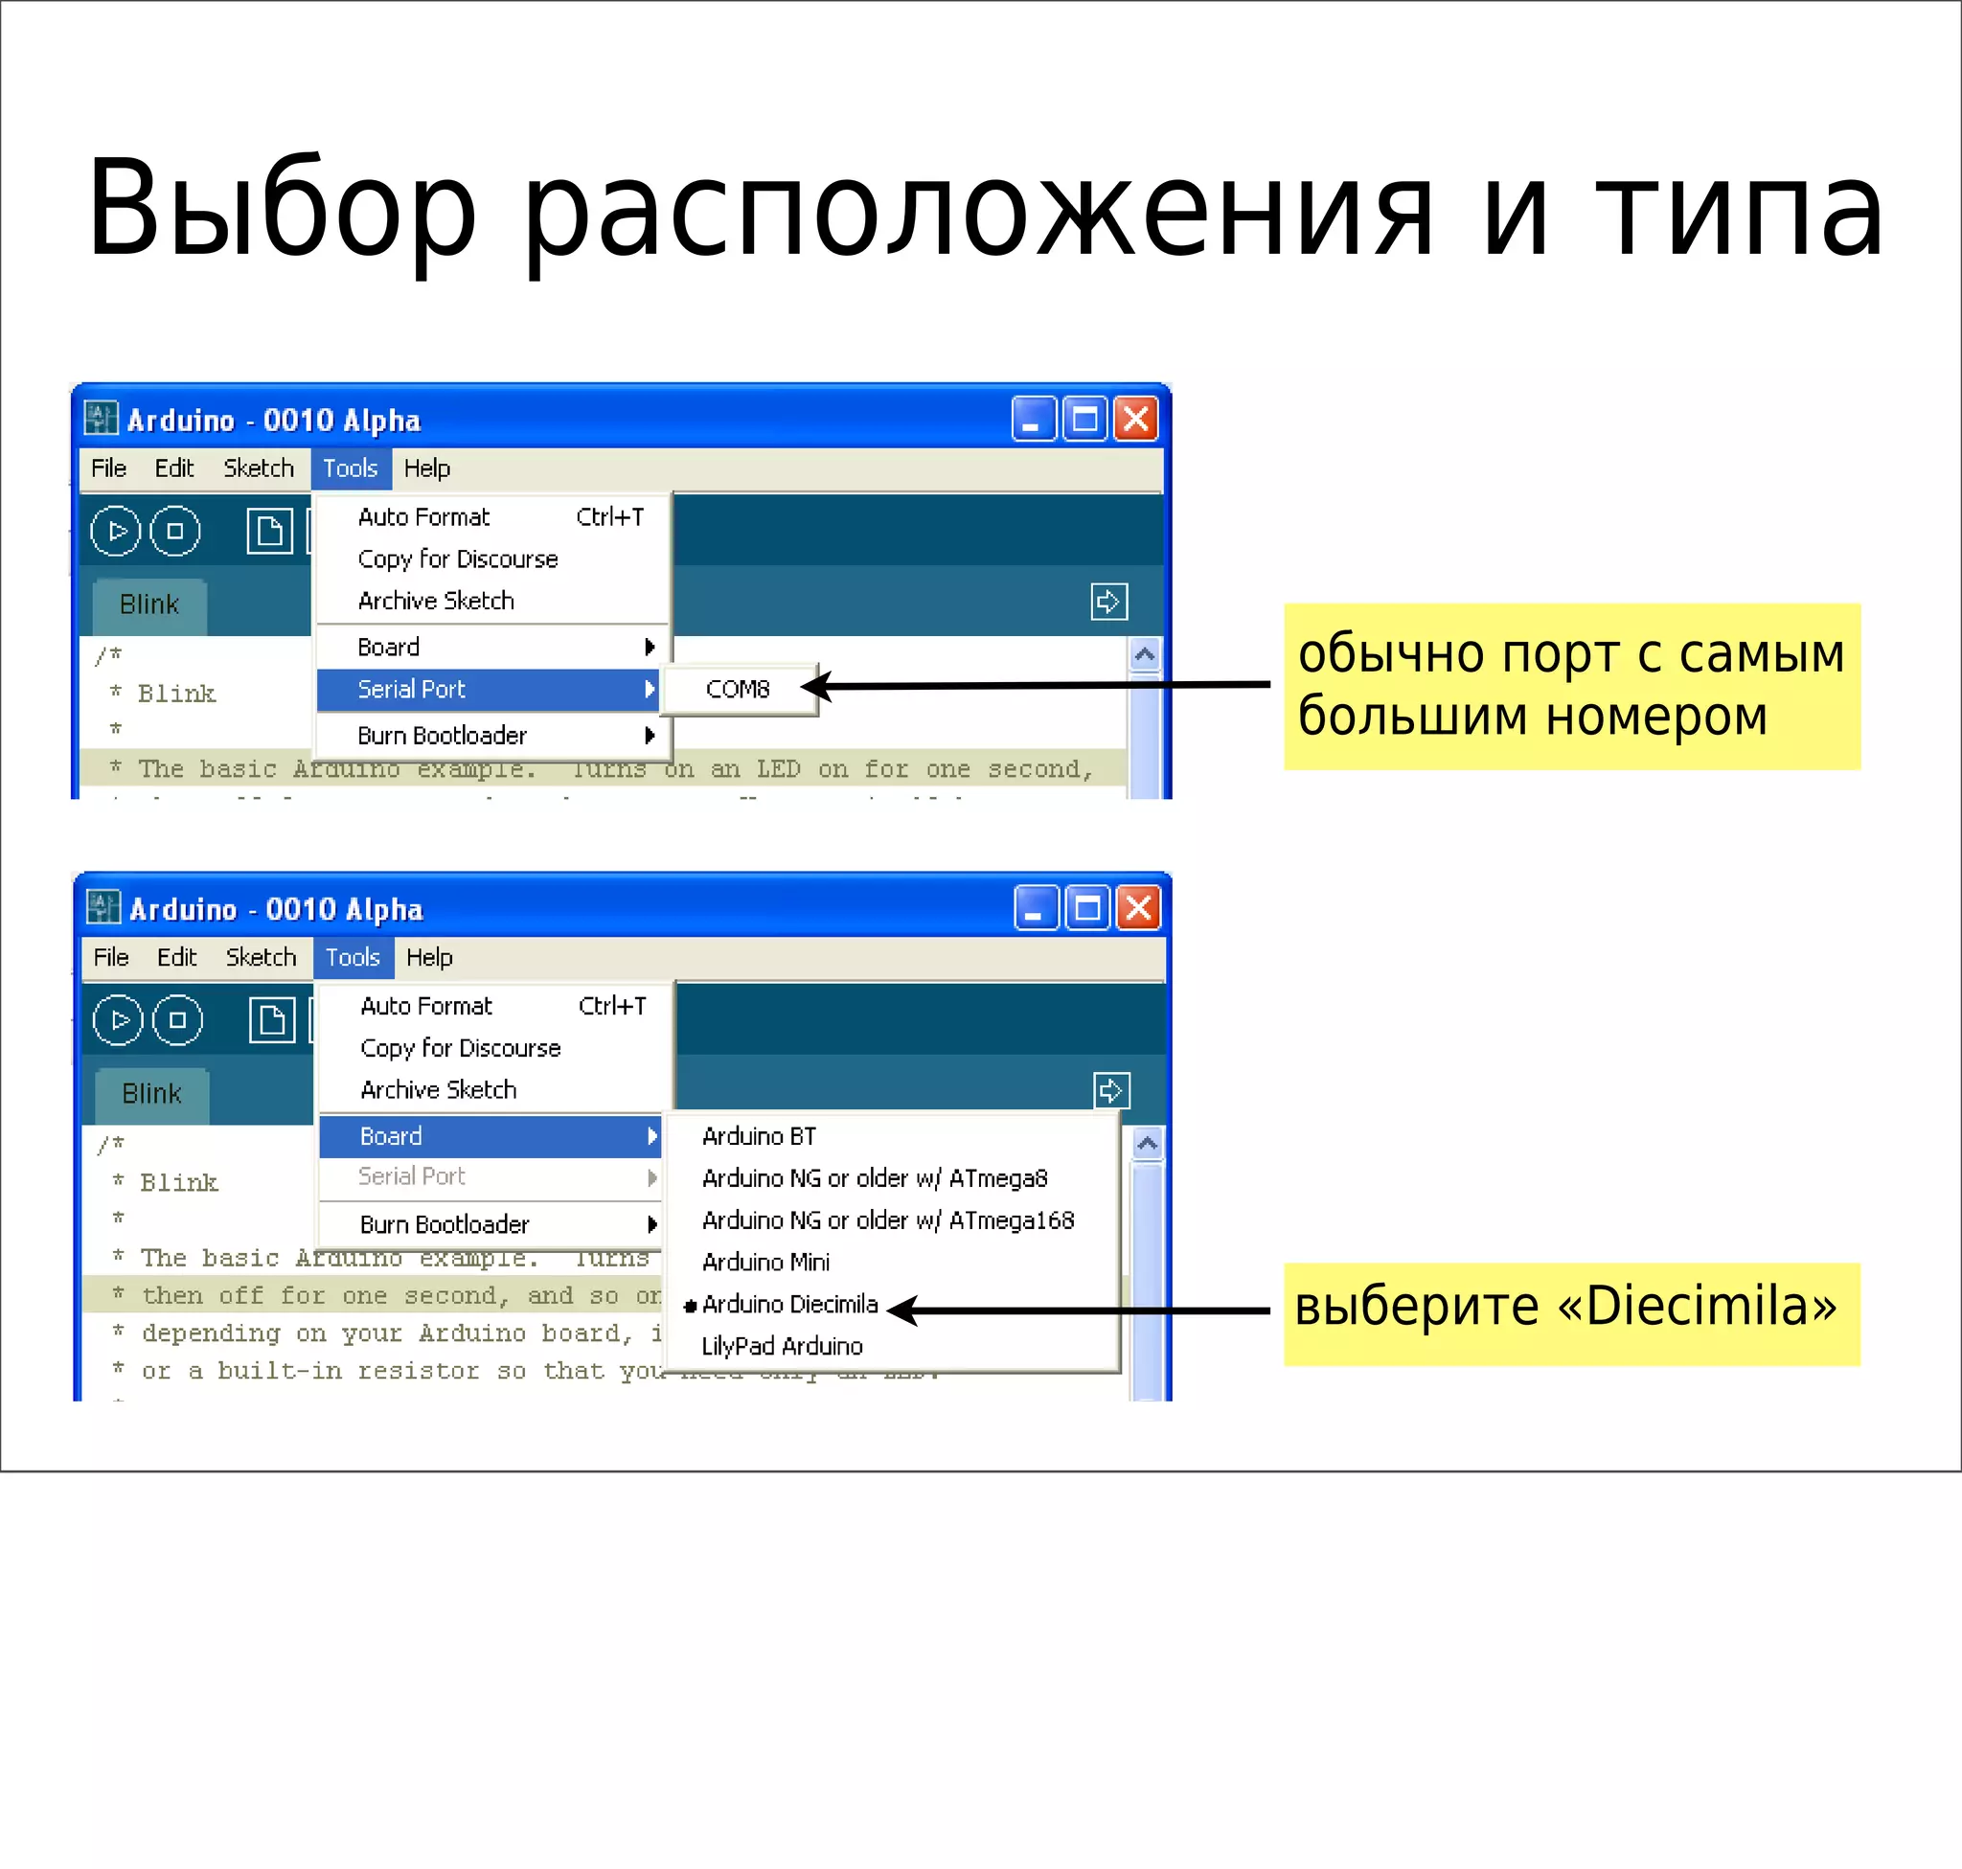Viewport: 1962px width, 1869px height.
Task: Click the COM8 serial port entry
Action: point(738,690)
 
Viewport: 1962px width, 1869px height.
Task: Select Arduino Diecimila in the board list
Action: point(789,1304)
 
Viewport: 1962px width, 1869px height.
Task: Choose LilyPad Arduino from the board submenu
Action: point(782,1346)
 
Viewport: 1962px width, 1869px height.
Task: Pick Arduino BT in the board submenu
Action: point(760,1136)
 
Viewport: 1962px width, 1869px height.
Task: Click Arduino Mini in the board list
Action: point(765,1263)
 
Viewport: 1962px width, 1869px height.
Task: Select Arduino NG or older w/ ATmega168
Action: point(888,1220)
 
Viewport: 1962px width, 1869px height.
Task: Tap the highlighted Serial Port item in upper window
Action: point(412,690)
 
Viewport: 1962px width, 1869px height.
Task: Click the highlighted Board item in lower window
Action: point(392,1136)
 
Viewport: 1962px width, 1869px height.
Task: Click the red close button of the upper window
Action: point(1136,419)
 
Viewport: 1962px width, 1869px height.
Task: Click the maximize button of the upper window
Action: point(1084,419)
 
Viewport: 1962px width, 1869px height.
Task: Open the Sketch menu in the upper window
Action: point(258,468)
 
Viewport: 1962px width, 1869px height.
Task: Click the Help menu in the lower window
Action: point(429,957)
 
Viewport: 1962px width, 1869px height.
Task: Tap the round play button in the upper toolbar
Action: point(117,531)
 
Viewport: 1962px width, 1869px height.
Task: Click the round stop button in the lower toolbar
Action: point(177,1020)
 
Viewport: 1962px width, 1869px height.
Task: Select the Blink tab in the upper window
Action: point(149,604)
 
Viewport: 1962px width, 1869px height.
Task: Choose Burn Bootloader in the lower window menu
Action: point(445,1224)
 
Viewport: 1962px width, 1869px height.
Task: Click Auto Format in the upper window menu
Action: point(423,517)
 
